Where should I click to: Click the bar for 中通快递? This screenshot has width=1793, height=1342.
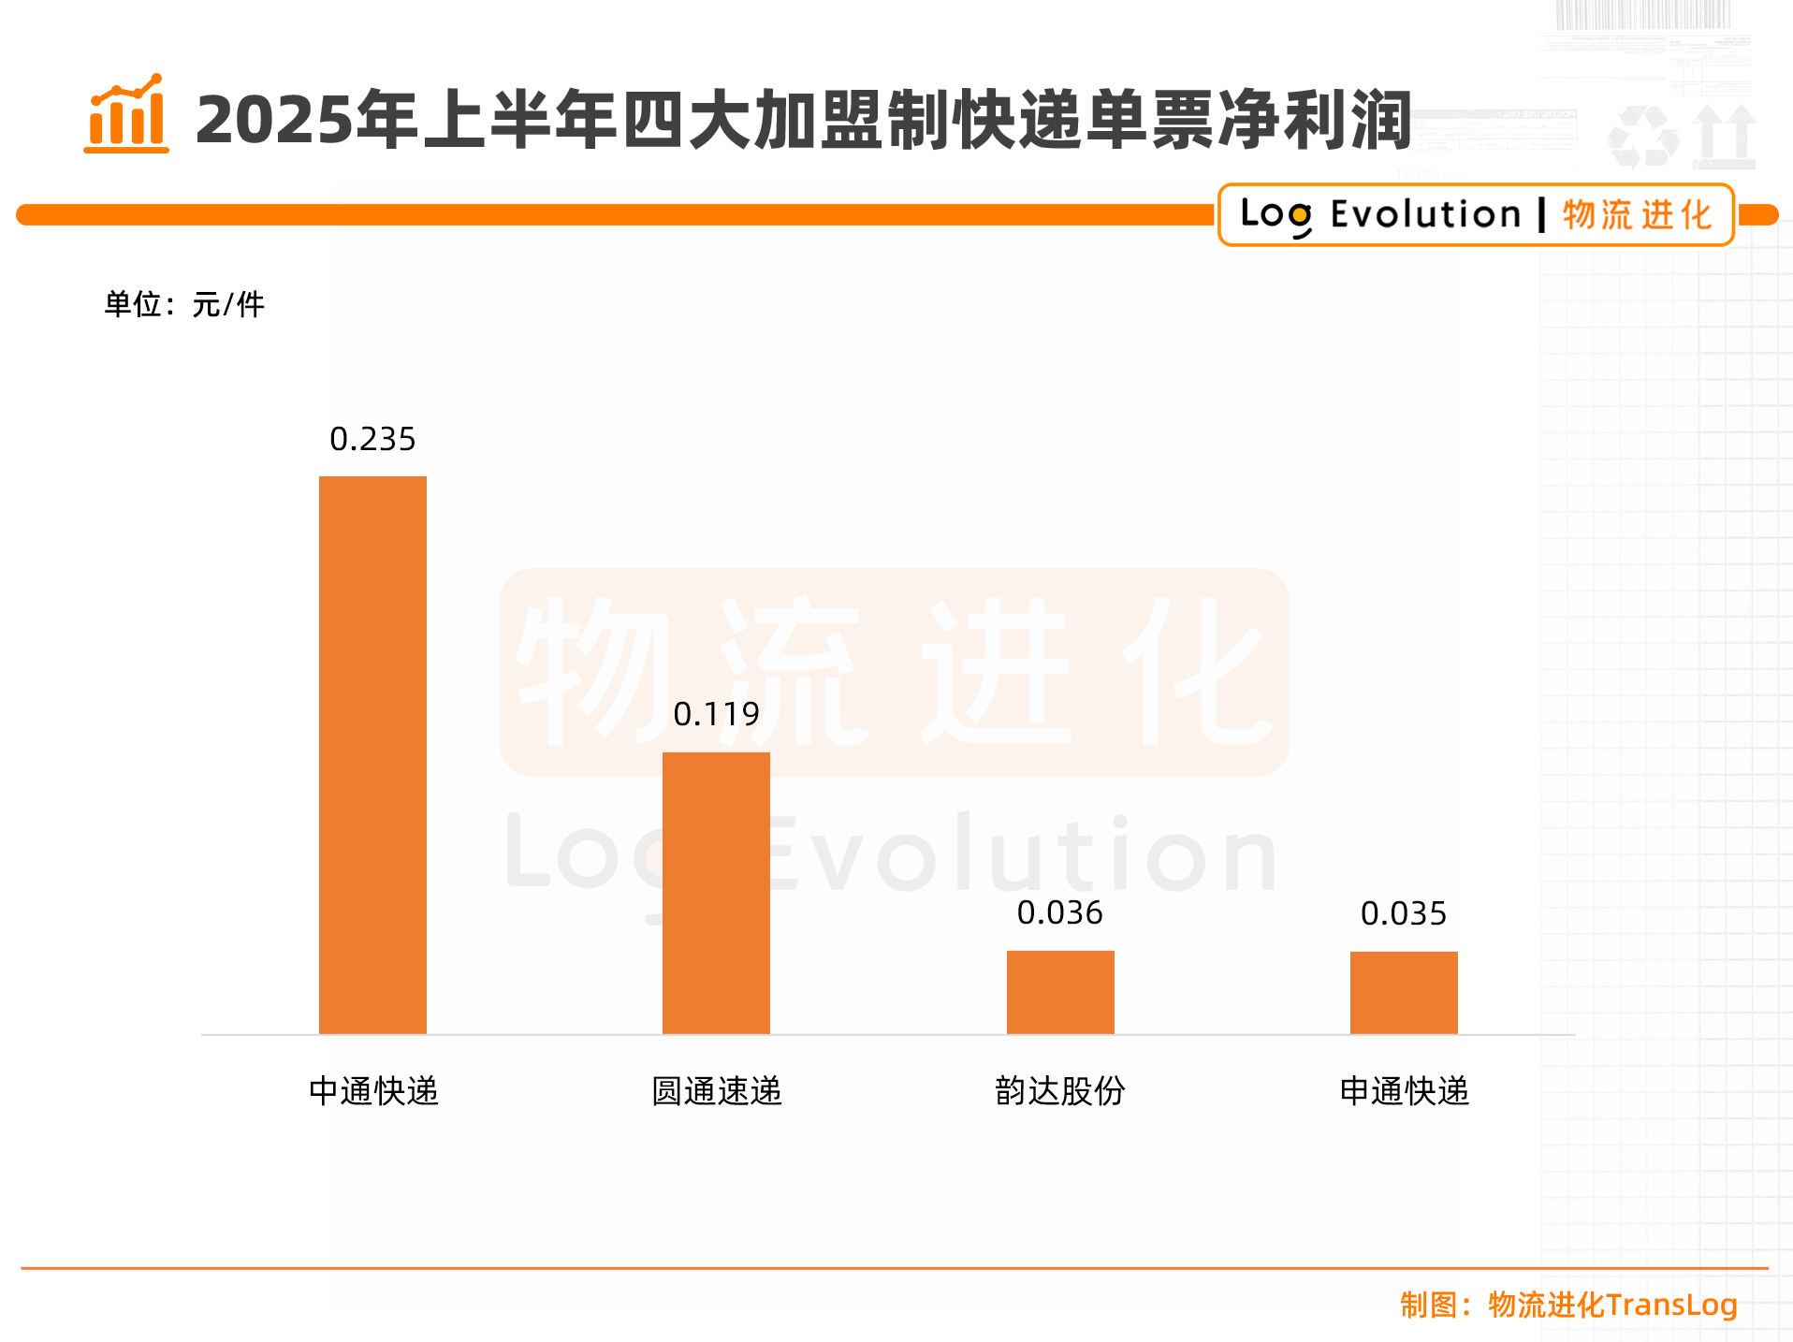(x=372, y=754)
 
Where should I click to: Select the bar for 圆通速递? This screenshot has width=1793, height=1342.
(x=716, y=893)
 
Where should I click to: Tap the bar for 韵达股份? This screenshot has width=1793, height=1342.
(x=1060, y=992)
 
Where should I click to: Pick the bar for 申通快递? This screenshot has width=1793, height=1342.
(x=1404, y=992)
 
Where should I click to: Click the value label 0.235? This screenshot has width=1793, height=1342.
(x=372, y=439)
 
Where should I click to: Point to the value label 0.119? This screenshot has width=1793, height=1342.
(x=716, y=715)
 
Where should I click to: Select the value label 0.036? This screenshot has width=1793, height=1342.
(x=1060, y=912)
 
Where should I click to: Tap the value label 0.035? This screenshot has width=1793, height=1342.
(x=1404, y=913)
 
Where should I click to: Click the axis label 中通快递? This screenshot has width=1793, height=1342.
(x=373, y=1091)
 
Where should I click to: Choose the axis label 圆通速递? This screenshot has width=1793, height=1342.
(x=717, y=1091)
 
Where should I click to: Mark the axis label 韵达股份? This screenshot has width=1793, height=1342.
(x=1060, y=1091)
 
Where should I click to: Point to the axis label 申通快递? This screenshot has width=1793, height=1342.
(x=1405, y=1091)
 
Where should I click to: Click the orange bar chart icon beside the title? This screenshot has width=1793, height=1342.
(x=126, y=114)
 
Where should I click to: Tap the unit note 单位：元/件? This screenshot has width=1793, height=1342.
(x=184, y=304)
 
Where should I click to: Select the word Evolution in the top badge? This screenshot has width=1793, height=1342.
(x=1425, y=214)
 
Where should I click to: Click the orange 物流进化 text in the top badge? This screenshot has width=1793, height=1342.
(x=1637, y=214)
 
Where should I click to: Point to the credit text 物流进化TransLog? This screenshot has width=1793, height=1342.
(x=1612, y=1305)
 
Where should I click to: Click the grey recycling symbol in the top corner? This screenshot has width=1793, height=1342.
(x=1642, y=138)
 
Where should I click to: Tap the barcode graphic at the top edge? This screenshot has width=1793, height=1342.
(x=1642, y=15)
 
